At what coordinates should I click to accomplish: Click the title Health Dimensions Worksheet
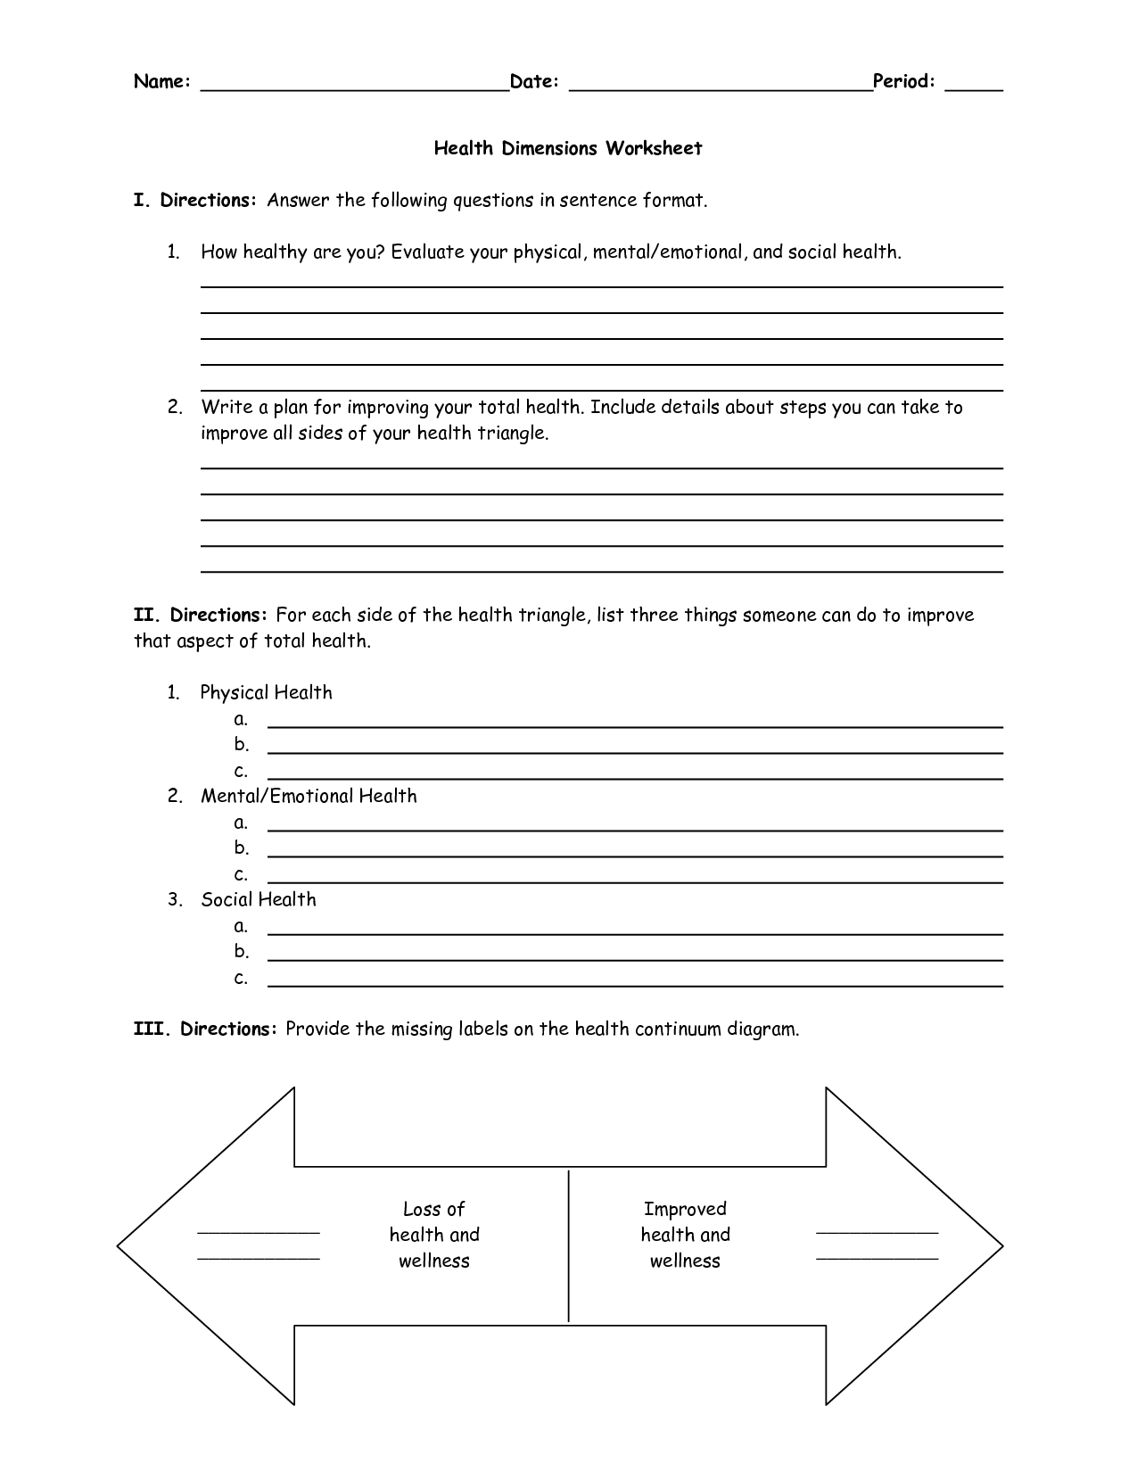[x=568, y=148]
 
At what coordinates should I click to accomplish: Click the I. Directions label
[x=195, y=200]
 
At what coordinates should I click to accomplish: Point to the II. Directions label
[x=201, y=615]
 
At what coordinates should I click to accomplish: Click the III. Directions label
[x=206, y=1029]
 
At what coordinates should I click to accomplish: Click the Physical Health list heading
[x=266, y=692]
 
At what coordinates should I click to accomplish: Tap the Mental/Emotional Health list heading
[x=309, y=796]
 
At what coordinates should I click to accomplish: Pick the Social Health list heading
[x=259, y=899]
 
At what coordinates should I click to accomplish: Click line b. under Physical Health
[x=635, y=751]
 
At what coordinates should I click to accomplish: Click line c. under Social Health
[x=635, y=985]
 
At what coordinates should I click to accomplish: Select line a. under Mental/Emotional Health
[x=635, y=829]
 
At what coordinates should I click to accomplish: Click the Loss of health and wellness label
[x=434, y=1235]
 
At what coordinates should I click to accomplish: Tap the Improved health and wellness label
[x=685, y=1235]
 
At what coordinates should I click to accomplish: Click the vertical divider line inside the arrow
[x=569, y=1245]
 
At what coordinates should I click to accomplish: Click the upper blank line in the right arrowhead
[x=877, y=1233]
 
